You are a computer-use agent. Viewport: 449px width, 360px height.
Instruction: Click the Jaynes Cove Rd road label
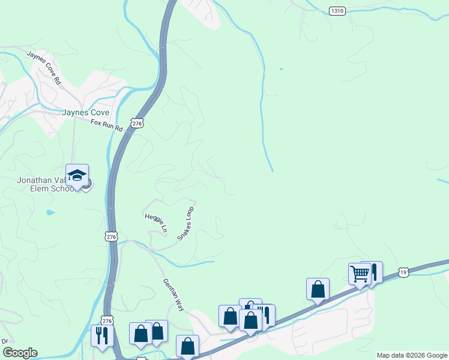[44, 67]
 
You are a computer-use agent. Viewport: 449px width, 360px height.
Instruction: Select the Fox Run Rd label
[106, 125]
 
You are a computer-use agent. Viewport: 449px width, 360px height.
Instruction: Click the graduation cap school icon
[77, 175]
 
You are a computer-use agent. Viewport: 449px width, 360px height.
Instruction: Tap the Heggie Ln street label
[155, 222]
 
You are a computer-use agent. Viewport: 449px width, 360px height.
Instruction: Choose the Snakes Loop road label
[185, 224]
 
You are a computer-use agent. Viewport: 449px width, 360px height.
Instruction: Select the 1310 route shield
[337, 11]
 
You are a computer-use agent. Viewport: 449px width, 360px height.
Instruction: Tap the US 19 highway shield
[404, 272]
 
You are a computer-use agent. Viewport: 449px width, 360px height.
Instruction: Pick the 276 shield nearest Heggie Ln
[110, 237]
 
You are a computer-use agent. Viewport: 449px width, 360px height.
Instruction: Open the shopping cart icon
[360, 274]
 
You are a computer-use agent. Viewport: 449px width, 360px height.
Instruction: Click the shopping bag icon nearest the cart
[318, 289]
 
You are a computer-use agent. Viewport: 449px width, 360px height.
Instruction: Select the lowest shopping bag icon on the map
[187, 346]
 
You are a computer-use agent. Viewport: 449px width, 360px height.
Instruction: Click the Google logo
[20, 353]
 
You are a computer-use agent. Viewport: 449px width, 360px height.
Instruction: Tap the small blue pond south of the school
[50, 212]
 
